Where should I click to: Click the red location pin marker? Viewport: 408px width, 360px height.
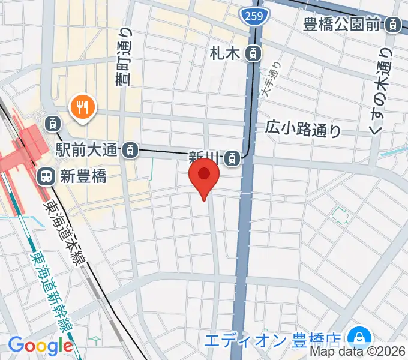click(x=204, y=177)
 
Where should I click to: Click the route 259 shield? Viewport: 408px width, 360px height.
click(x=254, y=17)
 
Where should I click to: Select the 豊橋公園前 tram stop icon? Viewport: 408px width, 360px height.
click(x=394, y=25)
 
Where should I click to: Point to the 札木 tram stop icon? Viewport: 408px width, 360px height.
click(x=254, y=53)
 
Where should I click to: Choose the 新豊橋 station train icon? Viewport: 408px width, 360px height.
click(x=46, y=176)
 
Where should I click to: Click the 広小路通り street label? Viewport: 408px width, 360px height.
click(x=304, y=128)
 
